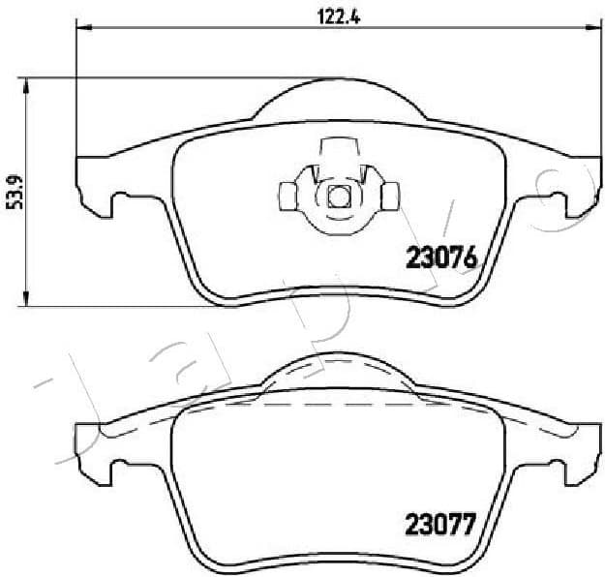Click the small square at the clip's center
pos(337,197)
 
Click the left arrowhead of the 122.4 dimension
pos(82,30)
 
